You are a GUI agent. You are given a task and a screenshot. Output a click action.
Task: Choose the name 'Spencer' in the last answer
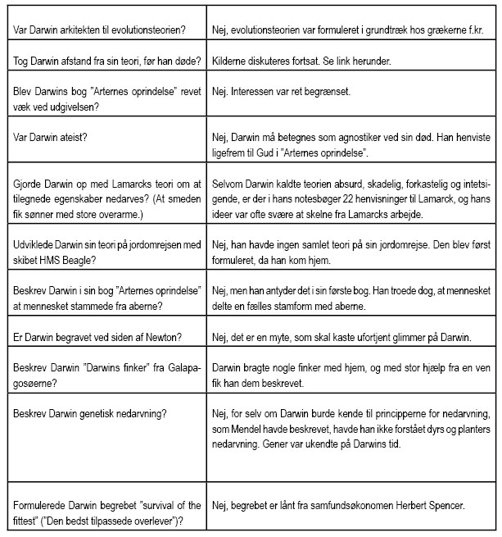pos(443,506)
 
